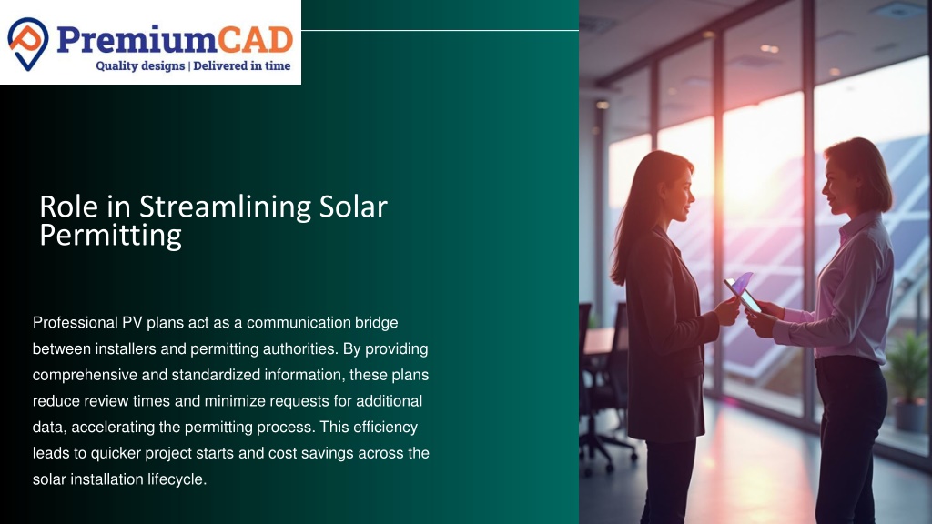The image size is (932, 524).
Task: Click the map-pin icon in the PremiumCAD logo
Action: pos(28,44)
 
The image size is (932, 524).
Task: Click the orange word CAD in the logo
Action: pos(255,40)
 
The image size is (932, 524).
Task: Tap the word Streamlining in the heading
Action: pos(226,207)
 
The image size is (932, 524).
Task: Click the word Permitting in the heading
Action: pos(110,236)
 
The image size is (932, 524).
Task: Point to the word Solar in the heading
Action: pos(353,207)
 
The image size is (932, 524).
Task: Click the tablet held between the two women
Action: pos(741,292)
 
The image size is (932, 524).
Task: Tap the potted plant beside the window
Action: pos(907,381)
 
